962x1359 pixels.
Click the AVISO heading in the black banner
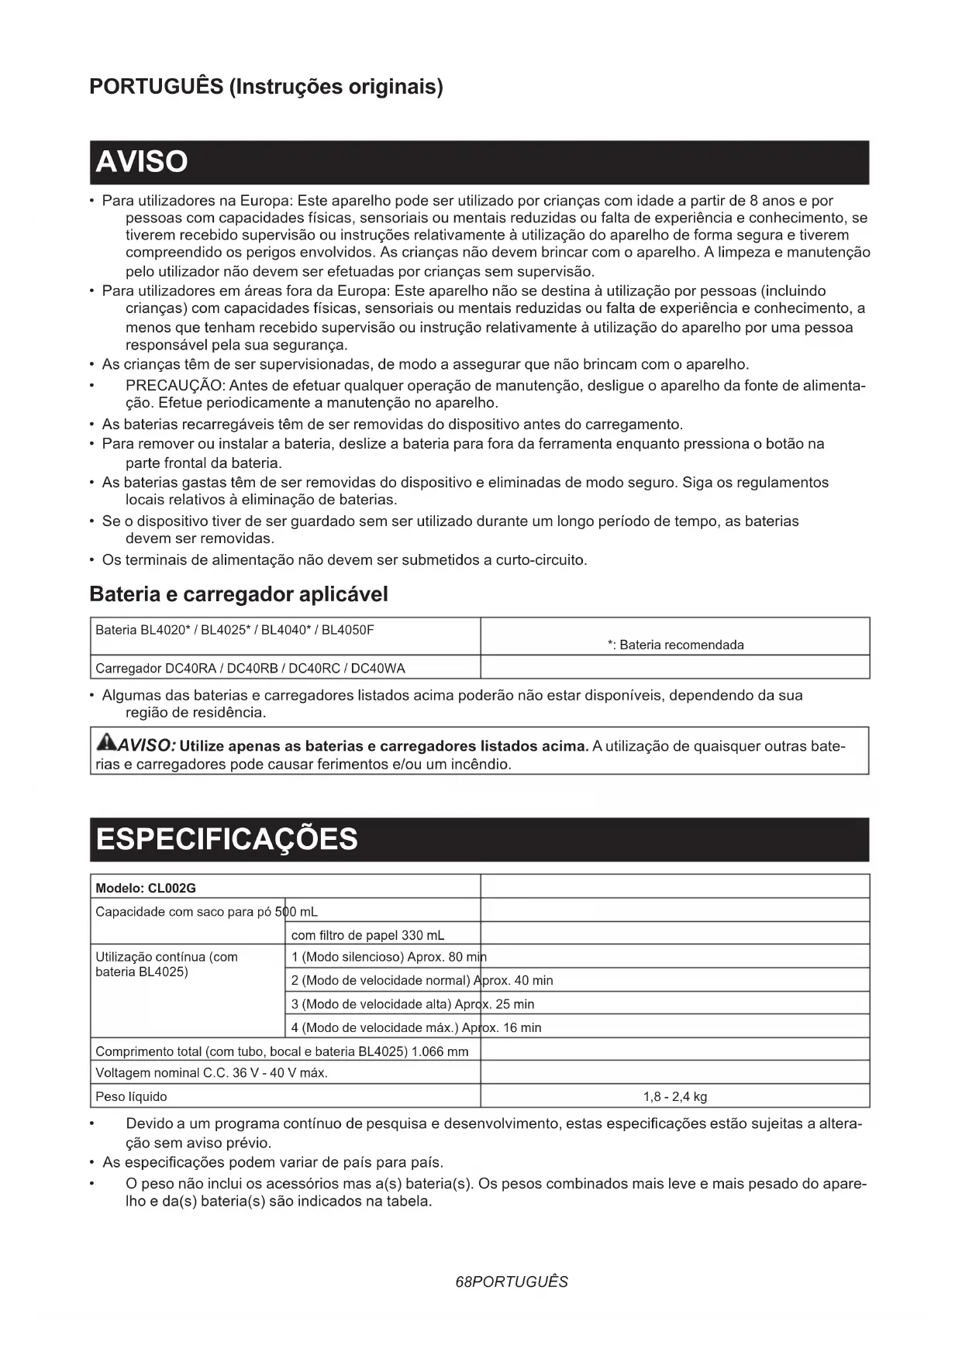click(141, 162)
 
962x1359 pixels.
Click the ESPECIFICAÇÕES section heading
click(226, 839)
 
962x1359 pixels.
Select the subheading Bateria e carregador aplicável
click(239, 594)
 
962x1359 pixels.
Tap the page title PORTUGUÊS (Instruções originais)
click(266, 86)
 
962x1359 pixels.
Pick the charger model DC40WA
click(378, 668)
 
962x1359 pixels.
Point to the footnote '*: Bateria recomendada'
click(675, 645)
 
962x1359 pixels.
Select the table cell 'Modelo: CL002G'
click(146, 888)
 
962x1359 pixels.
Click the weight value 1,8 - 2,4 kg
click(674, 1096)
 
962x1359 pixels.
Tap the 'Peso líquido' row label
click(131, 1096)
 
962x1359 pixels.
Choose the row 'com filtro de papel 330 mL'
click(367, 935)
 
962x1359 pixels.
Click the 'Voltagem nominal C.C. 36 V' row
click(211, 1073)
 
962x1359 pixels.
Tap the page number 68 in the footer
click(464, 1282)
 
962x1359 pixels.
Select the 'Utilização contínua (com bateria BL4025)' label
click(166, 965)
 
